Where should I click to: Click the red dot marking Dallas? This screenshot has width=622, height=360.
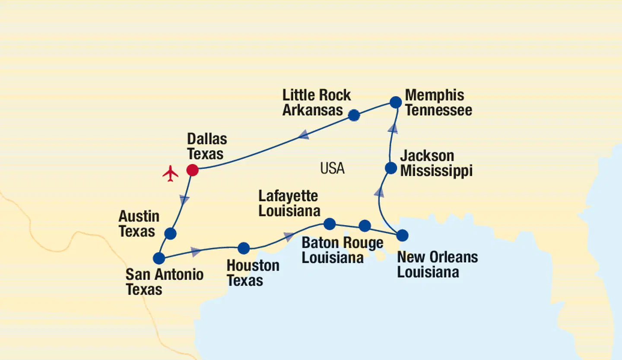coord(192,170)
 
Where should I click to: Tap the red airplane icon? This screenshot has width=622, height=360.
coord(171,173)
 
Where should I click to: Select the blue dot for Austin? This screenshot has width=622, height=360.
coord(171,234)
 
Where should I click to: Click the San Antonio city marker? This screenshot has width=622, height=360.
coord(159,259)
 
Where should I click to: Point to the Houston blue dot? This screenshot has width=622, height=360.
coord(244,248)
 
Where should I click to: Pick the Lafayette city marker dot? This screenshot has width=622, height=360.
coord(330,224)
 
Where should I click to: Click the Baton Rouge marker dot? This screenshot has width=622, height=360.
coord(365,226)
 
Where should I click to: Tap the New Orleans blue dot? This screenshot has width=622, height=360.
coord(402,235)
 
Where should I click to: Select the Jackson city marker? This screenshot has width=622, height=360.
coord(391,168)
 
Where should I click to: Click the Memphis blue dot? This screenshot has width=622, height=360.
coord(396,102)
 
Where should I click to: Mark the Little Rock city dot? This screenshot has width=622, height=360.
coord(354,115)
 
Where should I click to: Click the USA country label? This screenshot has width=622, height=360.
coord(332,168)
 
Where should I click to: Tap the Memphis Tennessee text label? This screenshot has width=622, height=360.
coord(438,102)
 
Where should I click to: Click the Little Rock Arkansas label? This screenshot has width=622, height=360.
coord(317,102)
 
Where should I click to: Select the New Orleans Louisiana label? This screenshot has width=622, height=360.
coord(437,264)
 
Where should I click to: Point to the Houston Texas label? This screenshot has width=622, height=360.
coord(253,273)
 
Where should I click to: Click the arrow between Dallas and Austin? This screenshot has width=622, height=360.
coord(184,199)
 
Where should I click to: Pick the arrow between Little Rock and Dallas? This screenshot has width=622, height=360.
coord(304,135)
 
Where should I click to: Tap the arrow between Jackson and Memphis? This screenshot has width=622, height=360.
coord(393,128)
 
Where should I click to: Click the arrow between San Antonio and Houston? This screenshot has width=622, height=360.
coord(196,251)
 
